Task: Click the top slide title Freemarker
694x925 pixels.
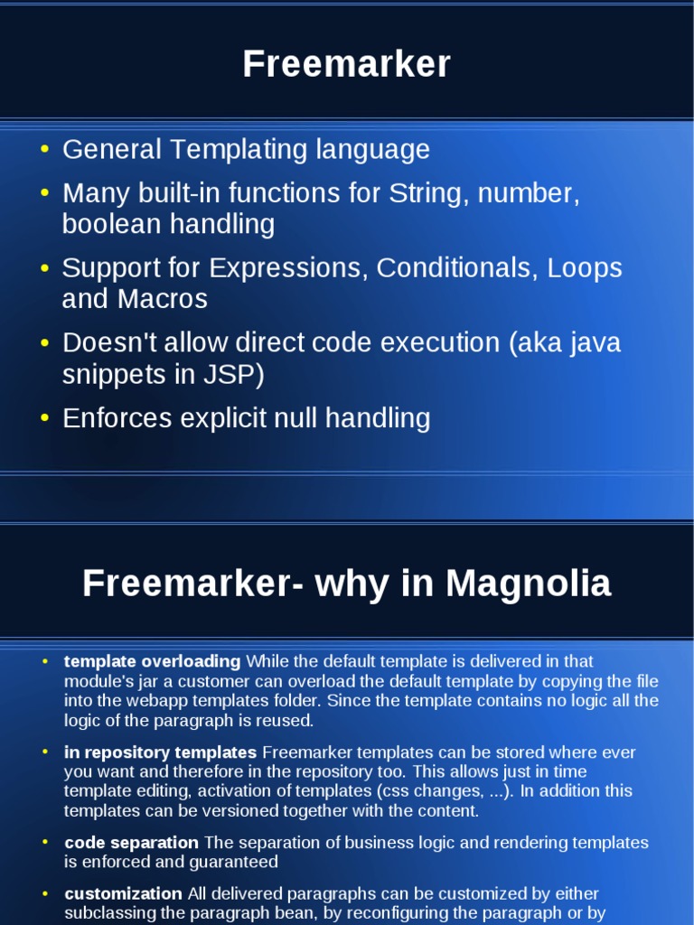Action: [346, 65]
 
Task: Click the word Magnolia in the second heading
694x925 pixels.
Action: [529, 584]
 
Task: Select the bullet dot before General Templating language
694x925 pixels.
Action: [45, 149]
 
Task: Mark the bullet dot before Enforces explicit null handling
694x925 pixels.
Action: [45, 418]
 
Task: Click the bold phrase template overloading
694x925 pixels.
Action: [153, 661]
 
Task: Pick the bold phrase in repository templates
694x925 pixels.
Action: [161, 752]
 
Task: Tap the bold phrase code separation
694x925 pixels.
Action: [132, 843]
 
